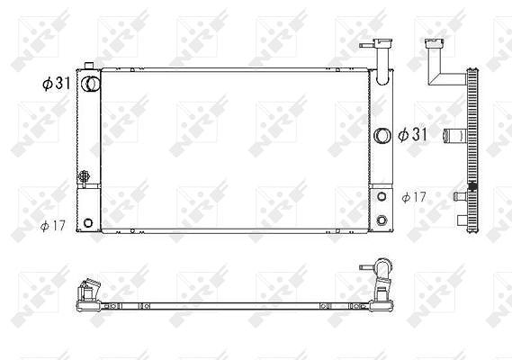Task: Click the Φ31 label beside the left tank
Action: pyautogui.click(x=56, y=84)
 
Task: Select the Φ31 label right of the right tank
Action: pyautogui.click(x=412, y=134)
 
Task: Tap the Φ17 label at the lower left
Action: pyautogui.click(x=53, y=225)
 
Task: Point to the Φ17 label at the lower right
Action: pyautogui.click(x=414, y=197)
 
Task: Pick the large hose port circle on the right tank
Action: pyautogui.click(x=382, y=136)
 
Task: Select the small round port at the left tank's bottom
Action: pyautogui.click(x=88, y=223)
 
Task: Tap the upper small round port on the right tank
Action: pyautogui.click(x=382, y=196)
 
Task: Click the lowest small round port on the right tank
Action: pyautogui.click(x=382, y=220)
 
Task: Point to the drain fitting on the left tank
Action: pyautogui.click(x=84, y=176)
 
